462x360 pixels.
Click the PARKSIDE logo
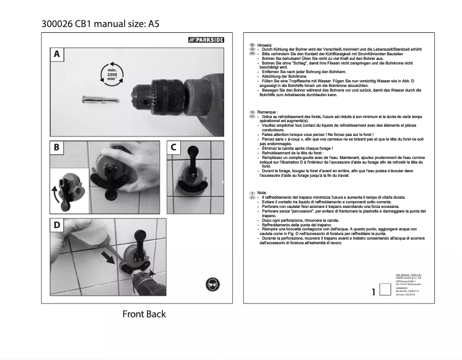coord(207,40)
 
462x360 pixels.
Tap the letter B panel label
coord(56,147)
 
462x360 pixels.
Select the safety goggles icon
coord(212,285)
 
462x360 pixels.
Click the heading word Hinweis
coord(265,45)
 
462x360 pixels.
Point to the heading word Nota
coord(262,192)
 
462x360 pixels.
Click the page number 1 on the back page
coord(374,292)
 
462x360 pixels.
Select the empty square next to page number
coord(385,291)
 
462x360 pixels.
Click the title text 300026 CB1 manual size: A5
coord(100,24)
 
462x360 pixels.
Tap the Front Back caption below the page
coord(143,314)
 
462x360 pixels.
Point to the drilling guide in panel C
coord(191,173)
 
